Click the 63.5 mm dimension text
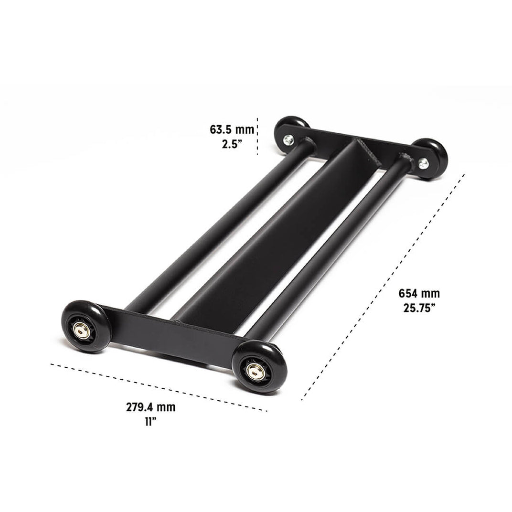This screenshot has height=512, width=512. coord(232,129)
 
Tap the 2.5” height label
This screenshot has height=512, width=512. coord(232,144)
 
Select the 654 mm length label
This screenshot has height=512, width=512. coord(419,293)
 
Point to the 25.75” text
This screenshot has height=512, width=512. coord(419,308)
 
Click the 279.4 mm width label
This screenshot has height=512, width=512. coord(151,407)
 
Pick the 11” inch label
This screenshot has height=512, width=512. coord(150,422)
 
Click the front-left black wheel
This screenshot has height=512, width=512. coord(86,326)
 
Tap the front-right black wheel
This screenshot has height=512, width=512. coord(260,366)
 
